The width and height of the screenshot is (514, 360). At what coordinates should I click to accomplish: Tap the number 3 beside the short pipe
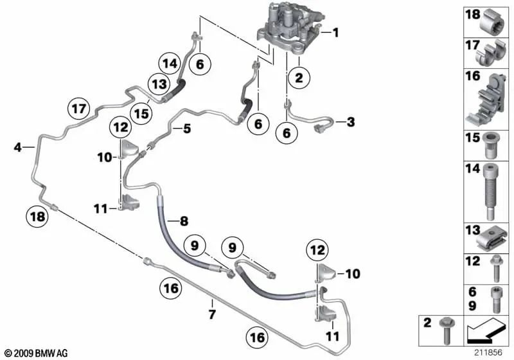[x=350, y=122]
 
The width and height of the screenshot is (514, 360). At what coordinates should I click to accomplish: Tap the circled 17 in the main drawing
[x=78, y=109]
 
